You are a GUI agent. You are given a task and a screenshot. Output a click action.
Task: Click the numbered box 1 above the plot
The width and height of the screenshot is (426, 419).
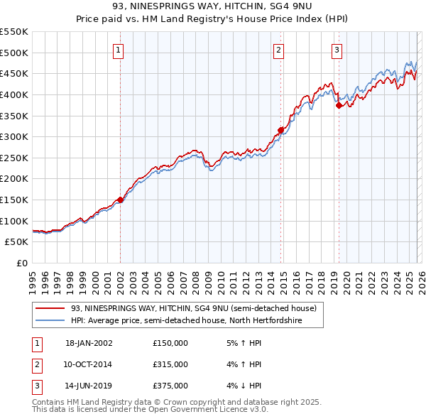[x=118, y=50]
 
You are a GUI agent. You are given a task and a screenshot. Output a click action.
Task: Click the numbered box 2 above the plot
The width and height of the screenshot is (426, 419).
[x=278, y=50]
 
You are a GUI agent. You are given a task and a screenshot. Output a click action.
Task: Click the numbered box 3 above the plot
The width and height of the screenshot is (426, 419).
[x=337, y=50]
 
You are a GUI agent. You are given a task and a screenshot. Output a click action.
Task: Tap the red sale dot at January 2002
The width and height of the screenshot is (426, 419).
[x=120, y=200]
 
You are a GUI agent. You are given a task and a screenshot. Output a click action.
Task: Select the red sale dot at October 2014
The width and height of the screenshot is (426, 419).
[x=280, y=130]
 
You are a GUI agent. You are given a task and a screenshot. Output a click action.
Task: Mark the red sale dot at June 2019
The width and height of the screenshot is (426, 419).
[x=339, y=105]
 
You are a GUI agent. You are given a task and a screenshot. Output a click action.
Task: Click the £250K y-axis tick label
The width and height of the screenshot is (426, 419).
[x=14, y=158]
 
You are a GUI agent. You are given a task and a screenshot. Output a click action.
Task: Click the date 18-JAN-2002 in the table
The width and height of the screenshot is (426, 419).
[x=89, y=342]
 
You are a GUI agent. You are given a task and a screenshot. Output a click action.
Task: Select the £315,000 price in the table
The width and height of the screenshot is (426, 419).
[x=170, y=364]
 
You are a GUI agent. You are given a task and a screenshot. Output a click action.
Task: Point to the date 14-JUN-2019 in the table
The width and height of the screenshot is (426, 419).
[x=89, y=386]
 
